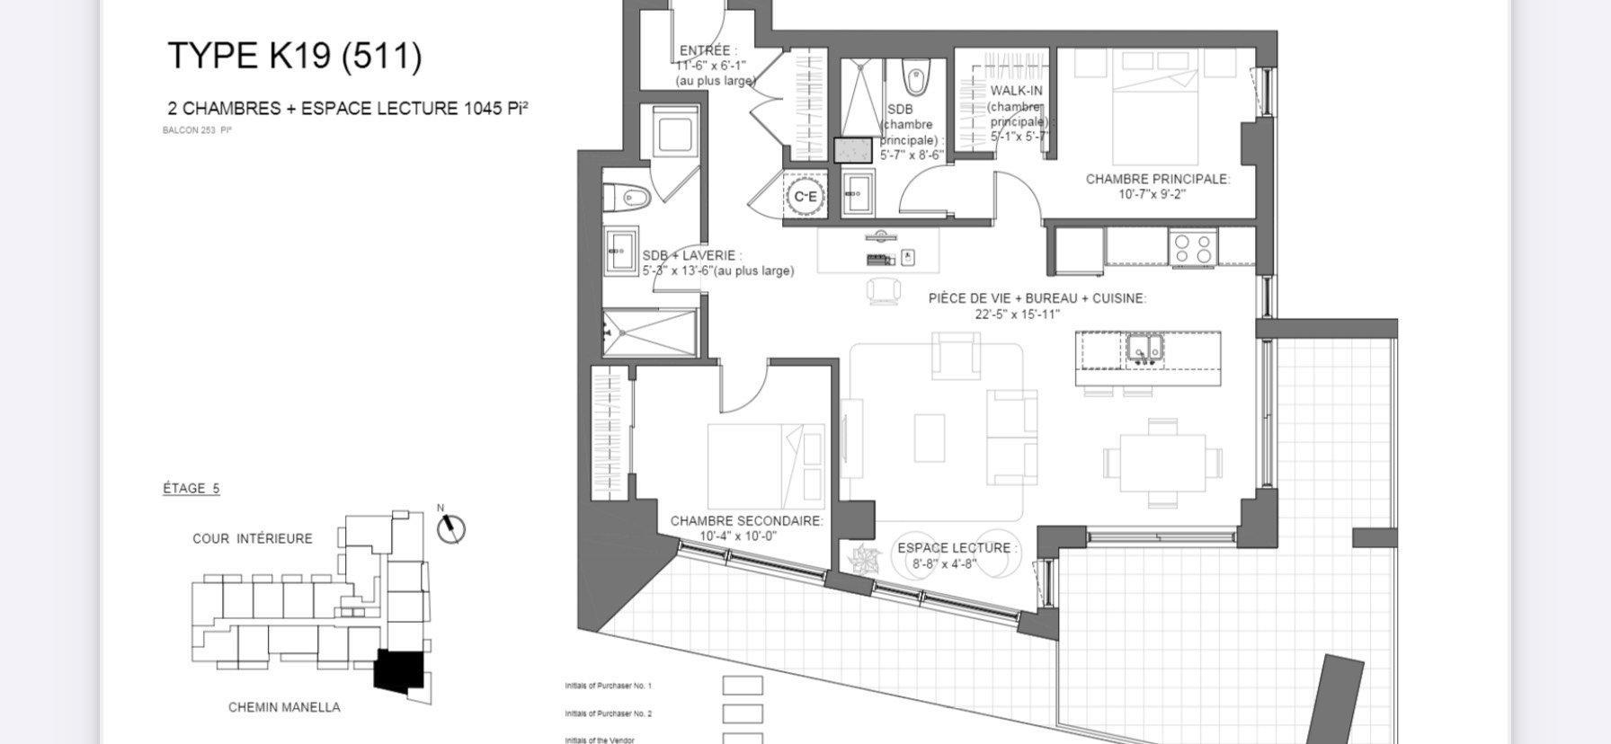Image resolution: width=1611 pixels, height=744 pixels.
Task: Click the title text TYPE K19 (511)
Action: tap(294, 56)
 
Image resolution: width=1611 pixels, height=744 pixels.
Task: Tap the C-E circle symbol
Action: tap(805, 196)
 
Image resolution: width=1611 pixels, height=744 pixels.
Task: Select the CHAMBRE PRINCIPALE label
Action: tap(1157, 179)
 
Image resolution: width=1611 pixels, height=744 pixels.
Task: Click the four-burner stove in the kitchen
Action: tap(1192, 248)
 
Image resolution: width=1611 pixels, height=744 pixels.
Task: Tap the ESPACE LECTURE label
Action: tap(957, 548)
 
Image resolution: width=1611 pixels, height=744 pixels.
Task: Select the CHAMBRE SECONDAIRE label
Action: tap(746, 521)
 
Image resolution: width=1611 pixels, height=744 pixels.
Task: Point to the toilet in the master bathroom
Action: tap(915, 77)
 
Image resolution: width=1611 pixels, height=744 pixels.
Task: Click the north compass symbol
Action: tap(451, 528)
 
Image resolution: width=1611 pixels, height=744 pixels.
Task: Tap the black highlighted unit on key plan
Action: tap(398, 670)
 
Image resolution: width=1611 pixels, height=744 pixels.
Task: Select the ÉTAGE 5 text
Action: tap(191, 489)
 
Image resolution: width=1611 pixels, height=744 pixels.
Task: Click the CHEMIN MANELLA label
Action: tap(284, 707)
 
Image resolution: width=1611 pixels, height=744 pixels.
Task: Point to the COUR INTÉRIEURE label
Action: tap(253, 538)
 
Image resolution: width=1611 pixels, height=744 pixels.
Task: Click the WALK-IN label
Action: tap(1016, 91)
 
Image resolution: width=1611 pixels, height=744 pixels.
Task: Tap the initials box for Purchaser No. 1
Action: tap(743, 686)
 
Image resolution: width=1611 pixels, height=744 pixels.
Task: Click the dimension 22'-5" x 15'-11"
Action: tap(1017, 314)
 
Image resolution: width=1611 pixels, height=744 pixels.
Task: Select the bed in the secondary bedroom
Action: tap(766, 467)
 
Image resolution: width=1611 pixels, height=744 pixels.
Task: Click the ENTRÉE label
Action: tap(708, 51)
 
